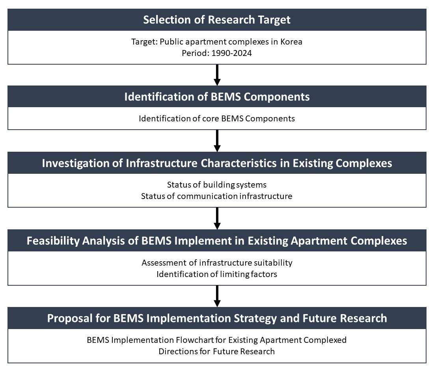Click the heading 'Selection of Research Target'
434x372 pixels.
[x=217, y=20]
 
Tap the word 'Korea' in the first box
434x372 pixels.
[x=291, y=42]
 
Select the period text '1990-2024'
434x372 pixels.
[x=232, y=53]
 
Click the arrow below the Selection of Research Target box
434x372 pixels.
[x=217, y=75]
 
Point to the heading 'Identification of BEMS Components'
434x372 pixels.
[x=217, y=97]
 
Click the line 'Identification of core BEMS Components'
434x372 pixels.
[x=217, y=119]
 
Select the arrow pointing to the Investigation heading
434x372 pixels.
[x=217, y=141]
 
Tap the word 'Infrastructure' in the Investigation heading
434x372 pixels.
[x=162, y=163]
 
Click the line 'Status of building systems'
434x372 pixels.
[x=217, y=185]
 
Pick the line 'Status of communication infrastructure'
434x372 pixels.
[x=217, y=196]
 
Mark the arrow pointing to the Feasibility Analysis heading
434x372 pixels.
[x=217, y=218]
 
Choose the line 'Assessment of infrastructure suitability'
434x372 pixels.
[x=217, y=263]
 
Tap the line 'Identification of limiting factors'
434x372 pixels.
[x=217, y=274]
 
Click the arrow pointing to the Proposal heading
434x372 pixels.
[x=217, y=296]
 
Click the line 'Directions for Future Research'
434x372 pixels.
[x=217, y=352]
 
